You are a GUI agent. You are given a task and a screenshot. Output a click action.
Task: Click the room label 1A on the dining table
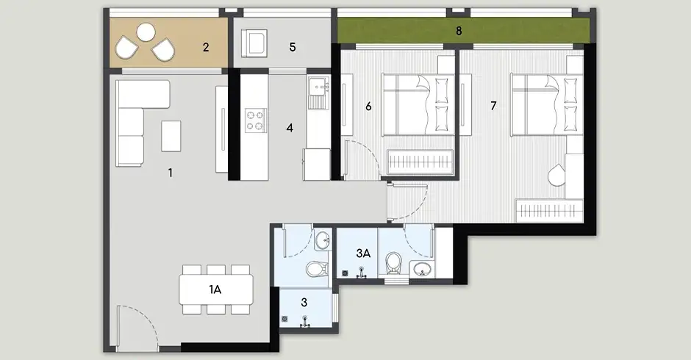click(215, 289)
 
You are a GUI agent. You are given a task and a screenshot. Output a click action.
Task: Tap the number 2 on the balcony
click(206, 47)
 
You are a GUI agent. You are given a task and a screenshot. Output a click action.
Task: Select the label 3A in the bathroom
click(363, 253)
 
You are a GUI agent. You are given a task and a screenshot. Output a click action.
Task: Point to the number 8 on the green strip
click(459, 31)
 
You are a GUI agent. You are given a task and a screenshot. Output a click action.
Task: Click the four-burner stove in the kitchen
click(256, 120)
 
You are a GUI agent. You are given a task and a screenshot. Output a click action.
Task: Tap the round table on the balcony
click(146, 32)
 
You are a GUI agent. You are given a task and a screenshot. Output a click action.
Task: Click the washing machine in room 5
click(254, 43)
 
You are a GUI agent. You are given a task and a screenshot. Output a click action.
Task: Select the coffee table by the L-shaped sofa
click(171, 136)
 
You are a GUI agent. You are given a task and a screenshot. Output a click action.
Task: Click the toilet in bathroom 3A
click(393, 264)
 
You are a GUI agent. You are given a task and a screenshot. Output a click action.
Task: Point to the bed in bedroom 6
click(418, 105)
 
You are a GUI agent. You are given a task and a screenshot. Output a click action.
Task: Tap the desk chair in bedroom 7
click(556, 175)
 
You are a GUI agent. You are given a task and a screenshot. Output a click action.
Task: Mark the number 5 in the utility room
click(293, 47)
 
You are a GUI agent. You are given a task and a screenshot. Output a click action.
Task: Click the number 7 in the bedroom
click(493, 106)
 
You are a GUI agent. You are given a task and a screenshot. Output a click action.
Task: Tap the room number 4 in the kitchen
click(290, 128)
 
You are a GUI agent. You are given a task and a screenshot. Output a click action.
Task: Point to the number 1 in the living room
click(170, 173)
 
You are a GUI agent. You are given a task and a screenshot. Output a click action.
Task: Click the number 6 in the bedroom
click(368, 107)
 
